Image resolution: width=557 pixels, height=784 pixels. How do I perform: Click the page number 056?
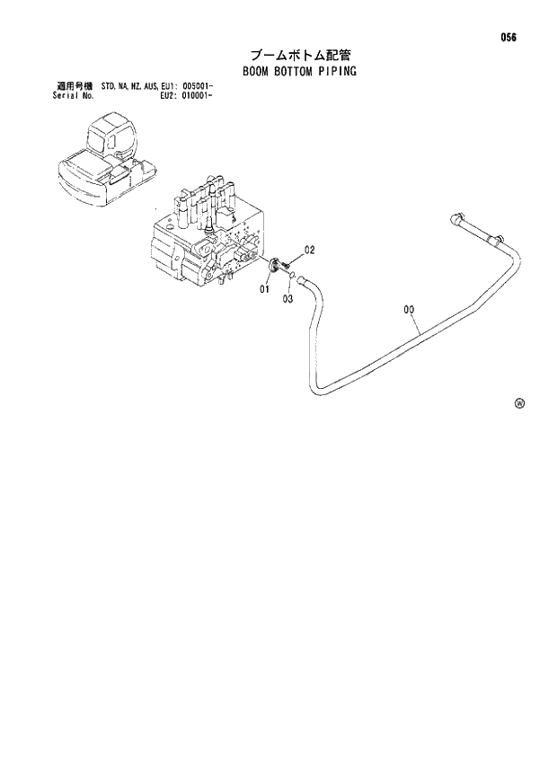509,38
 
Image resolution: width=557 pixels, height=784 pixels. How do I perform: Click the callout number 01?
265,289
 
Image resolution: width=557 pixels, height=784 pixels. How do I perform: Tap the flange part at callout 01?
274,264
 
